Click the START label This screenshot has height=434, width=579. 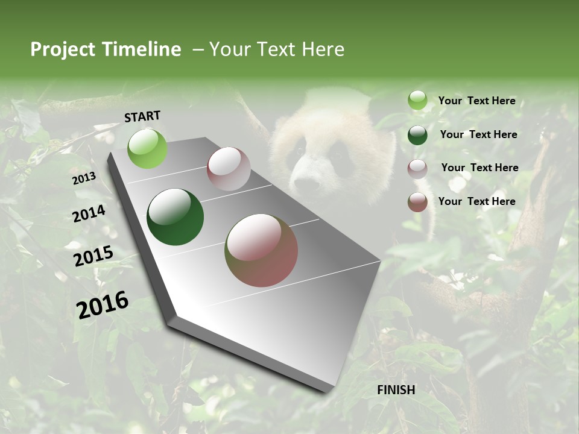click(x=142, y=116)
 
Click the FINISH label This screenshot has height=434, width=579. click(x=396, y=390)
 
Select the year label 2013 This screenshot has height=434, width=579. click(x=84, y=178)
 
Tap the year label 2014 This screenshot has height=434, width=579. click(x=89, y=214)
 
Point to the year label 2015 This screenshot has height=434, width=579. click(x=93, y=256)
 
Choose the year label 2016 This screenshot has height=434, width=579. click(x=103, y=304)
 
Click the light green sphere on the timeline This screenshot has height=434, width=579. click(x=148, y=148)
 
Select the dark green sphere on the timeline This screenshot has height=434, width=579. click(x=175, y=218)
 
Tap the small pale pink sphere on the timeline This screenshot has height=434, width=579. click(x=229, y=169)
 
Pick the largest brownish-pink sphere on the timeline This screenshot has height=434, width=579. click(x=261, y=250)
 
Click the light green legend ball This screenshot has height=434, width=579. click(x=417, y=101)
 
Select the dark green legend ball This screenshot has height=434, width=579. click(x=417, y=135)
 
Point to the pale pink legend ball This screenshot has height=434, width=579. click(x=417, y=168)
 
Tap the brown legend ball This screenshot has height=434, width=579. click(x=417, y=202)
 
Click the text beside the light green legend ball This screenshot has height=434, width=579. click(x=476, y=101)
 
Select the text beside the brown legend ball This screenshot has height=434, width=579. click(x=476, y=201)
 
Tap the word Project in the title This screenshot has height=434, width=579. click(x=62, y=49)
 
